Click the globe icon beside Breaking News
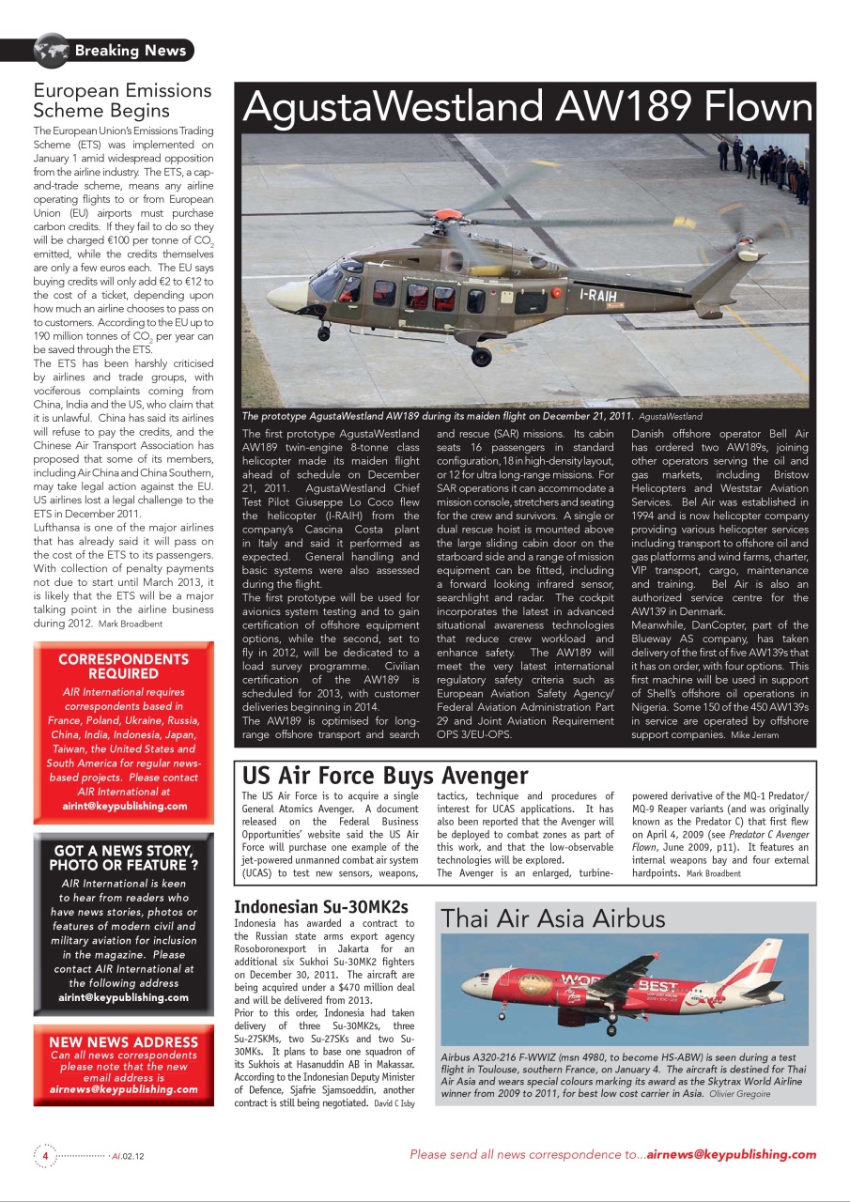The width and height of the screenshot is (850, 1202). click(x=52, y=50)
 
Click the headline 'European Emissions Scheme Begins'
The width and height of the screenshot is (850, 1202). click(x=123, y=100)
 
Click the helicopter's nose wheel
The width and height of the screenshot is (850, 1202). click(x=323, y=332)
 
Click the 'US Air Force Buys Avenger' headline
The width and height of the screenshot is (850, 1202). click(x=385, y=776)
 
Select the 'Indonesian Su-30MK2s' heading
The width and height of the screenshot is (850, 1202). click(x=320, y=907)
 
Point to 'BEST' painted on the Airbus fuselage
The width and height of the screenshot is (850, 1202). click(x=657, y=985)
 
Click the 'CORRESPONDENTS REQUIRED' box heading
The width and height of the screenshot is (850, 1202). click(x=123, y=666)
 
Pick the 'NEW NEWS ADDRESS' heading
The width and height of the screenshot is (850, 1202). click(x=123, y=1041)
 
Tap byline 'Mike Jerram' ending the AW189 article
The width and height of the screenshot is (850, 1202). click(x=754, y=735)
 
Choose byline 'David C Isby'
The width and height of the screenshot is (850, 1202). click(x=394, y=1104)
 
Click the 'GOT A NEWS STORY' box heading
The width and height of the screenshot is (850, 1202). click(x=123, y=857)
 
